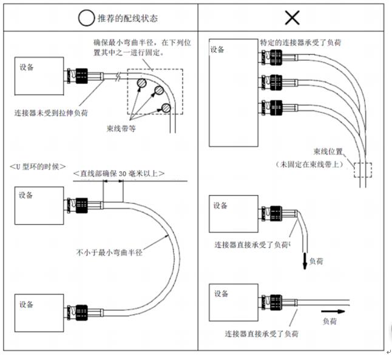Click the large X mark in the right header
[292, 17]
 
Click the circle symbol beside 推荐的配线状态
[84, 18]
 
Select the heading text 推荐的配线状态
[127, 18]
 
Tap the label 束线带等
[120, 128]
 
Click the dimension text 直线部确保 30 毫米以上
[118, 174]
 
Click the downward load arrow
[301, 260]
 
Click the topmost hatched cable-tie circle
[141, 83]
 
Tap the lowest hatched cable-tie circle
[166, 108]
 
